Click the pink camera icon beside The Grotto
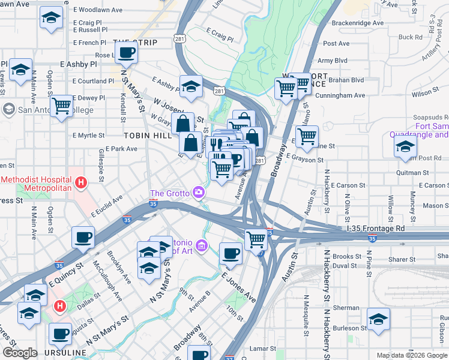198,193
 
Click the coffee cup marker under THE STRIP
127,52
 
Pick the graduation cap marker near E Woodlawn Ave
51,19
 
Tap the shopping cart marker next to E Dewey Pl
62,107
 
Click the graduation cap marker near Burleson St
378,319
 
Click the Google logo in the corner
20,353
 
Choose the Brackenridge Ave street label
352,23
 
